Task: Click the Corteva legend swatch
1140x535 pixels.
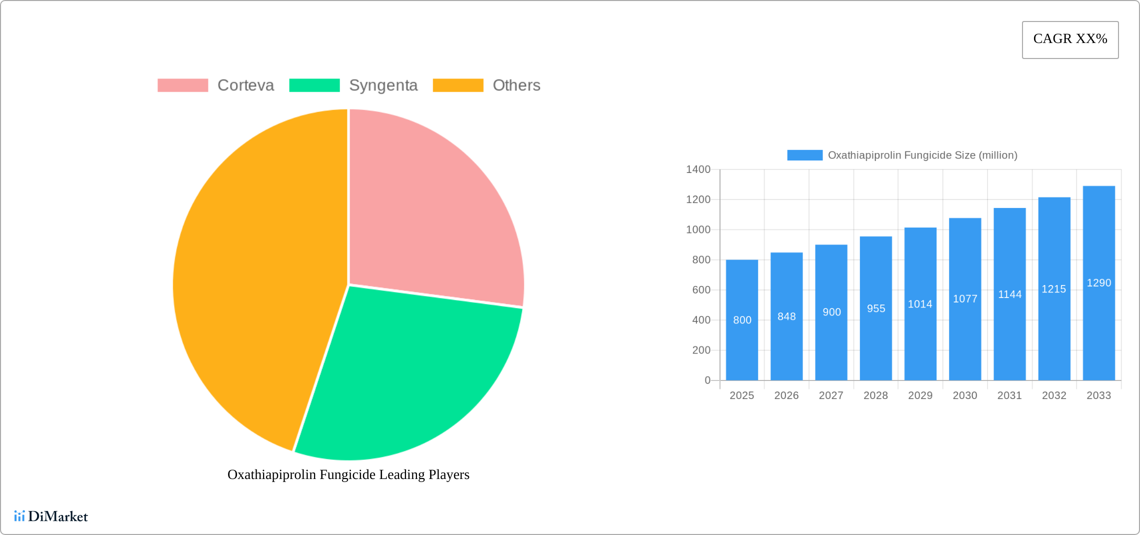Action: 182,85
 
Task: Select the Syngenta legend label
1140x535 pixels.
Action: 383,85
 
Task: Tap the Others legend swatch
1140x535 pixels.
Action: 457,85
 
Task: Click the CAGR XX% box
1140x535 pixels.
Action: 1070,39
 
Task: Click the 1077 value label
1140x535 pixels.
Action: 965,299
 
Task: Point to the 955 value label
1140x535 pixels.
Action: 876,309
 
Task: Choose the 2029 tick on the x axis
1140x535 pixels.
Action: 920,395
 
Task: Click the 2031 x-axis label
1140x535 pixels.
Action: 1009,395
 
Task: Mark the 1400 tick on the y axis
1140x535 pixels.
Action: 698,169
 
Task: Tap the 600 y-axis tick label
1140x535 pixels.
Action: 701,290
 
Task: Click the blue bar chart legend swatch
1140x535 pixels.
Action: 804,155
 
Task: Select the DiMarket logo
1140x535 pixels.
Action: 51,516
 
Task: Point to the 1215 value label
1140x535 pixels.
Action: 1054,289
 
